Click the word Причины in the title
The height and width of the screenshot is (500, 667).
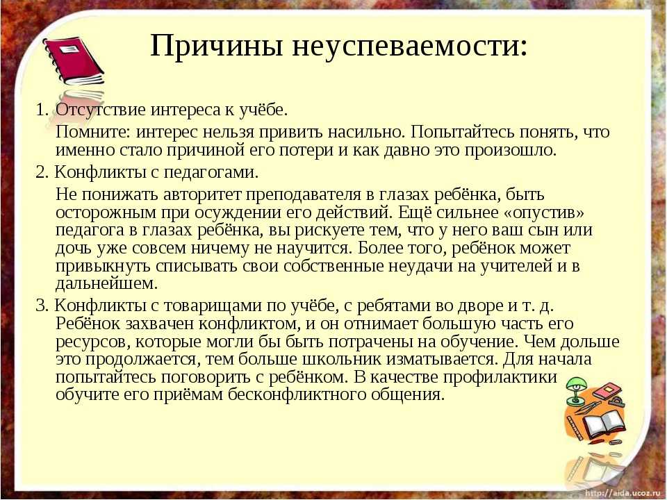217,46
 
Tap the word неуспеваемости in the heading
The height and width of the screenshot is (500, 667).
410,46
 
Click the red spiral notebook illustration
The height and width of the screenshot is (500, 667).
73,62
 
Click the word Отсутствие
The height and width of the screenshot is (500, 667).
101,110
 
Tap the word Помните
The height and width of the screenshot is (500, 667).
94,132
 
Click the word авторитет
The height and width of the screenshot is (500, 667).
201,194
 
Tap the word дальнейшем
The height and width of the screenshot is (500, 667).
106,284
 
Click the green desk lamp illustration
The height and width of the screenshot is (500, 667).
577,391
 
